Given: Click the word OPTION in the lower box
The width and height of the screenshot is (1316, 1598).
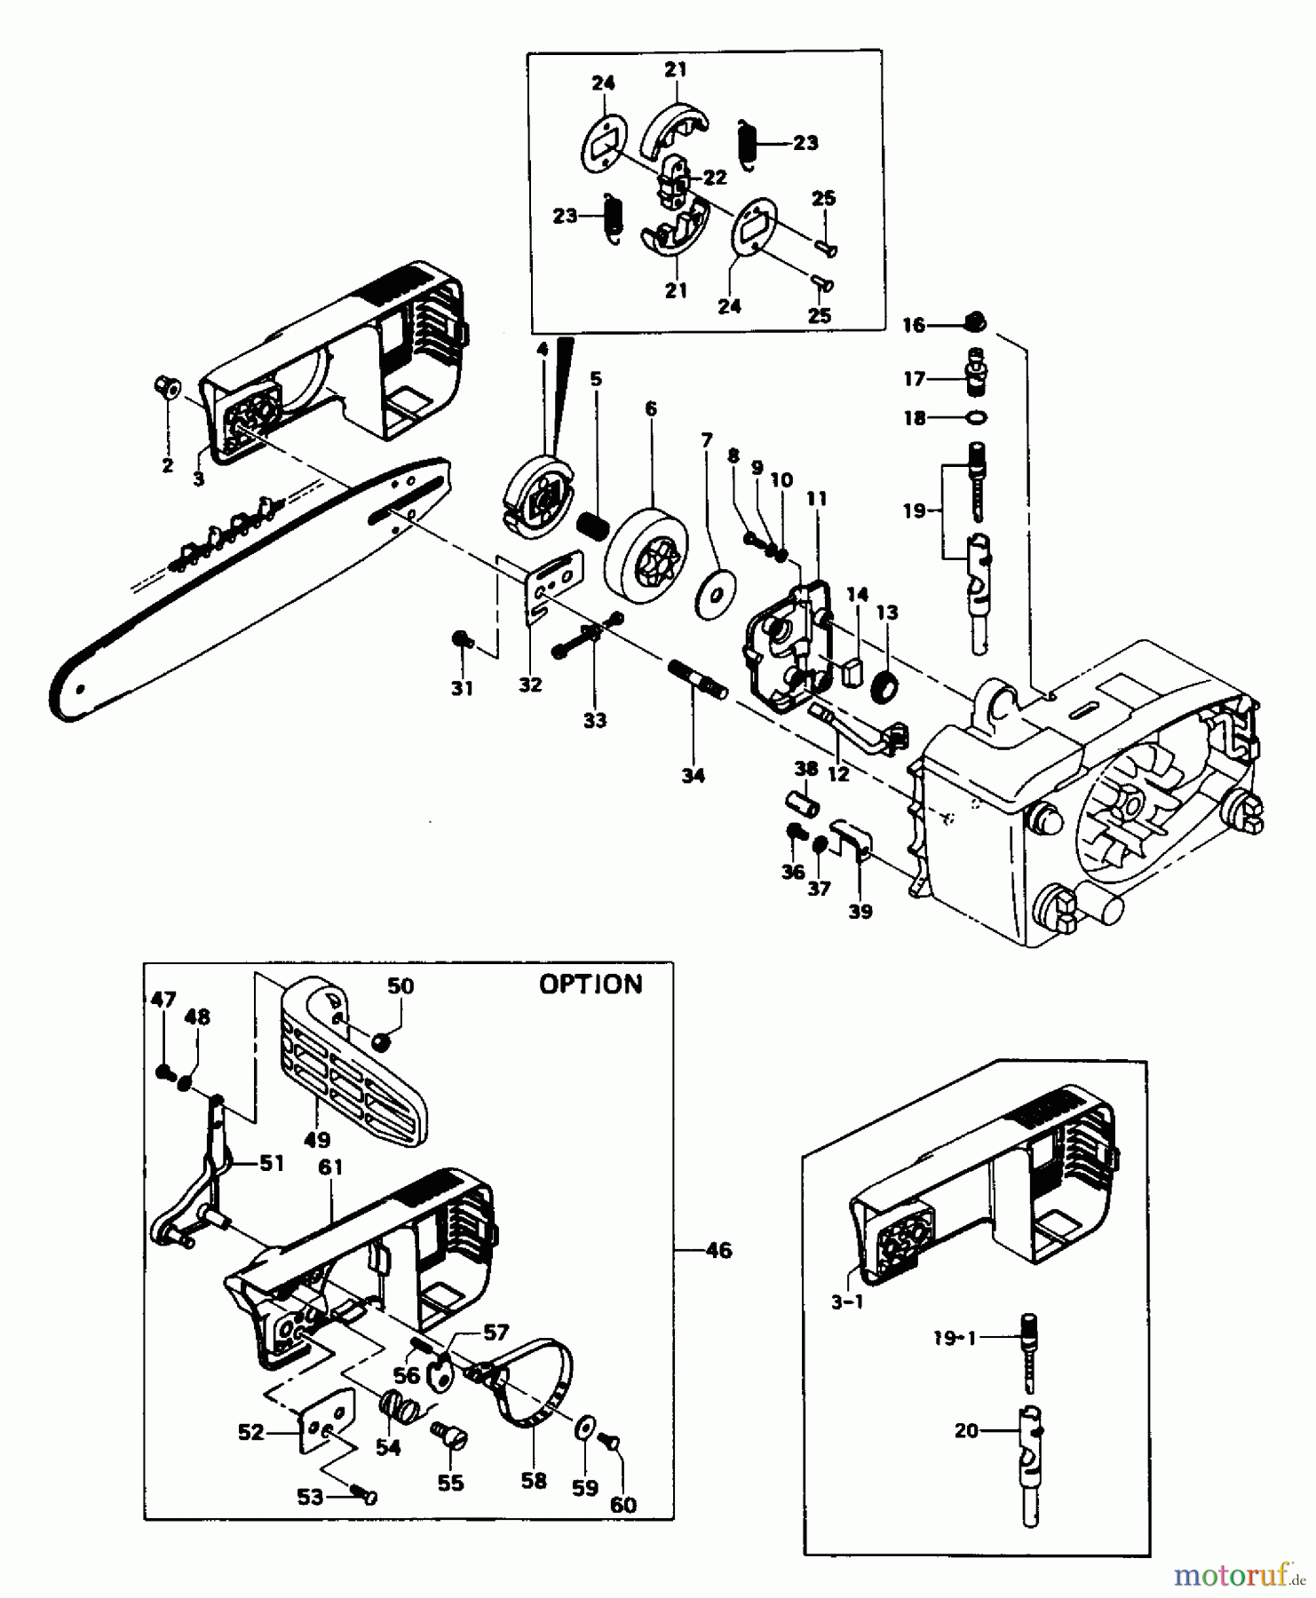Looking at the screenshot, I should pos(591,984).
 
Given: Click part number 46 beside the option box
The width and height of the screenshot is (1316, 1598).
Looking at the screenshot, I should pos(718,1250).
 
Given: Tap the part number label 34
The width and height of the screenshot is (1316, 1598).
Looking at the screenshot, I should pos(693,775).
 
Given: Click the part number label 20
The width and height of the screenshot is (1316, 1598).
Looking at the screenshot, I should pos(966,1430).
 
